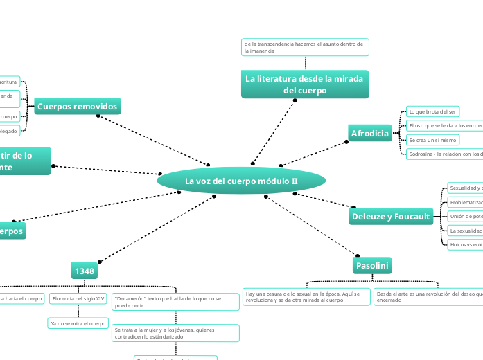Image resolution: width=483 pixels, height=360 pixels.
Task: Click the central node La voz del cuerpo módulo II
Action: (240, 181)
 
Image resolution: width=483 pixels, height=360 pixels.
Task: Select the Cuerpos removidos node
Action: (78, 107)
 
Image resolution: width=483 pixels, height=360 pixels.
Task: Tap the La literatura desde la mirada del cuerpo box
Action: (304, 84)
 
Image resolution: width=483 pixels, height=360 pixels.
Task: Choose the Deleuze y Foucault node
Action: (391, 217)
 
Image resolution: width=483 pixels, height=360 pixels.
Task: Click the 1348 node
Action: (85, 271)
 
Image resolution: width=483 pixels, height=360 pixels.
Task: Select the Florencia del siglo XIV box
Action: (78, 299)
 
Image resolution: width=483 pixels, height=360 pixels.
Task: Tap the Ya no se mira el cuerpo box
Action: (78, 323)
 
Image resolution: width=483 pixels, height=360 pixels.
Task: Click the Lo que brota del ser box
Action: (432, 111)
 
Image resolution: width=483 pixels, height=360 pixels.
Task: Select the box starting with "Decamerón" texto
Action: (175, 302)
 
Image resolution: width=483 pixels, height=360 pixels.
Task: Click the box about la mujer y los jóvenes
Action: (175, 333)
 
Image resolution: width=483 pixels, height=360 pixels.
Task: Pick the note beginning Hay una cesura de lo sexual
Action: (306, 297)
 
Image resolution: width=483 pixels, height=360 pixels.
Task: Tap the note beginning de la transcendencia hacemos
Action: (304, 47)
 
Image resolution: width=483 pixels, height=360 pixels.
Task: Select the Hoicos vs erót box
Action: (465, 244)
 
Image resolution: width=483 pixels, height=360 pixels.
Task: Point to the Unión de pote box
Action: (465, 216)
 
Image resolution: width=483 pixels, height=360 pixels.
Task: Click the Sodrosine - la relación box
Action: (444, 154)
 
